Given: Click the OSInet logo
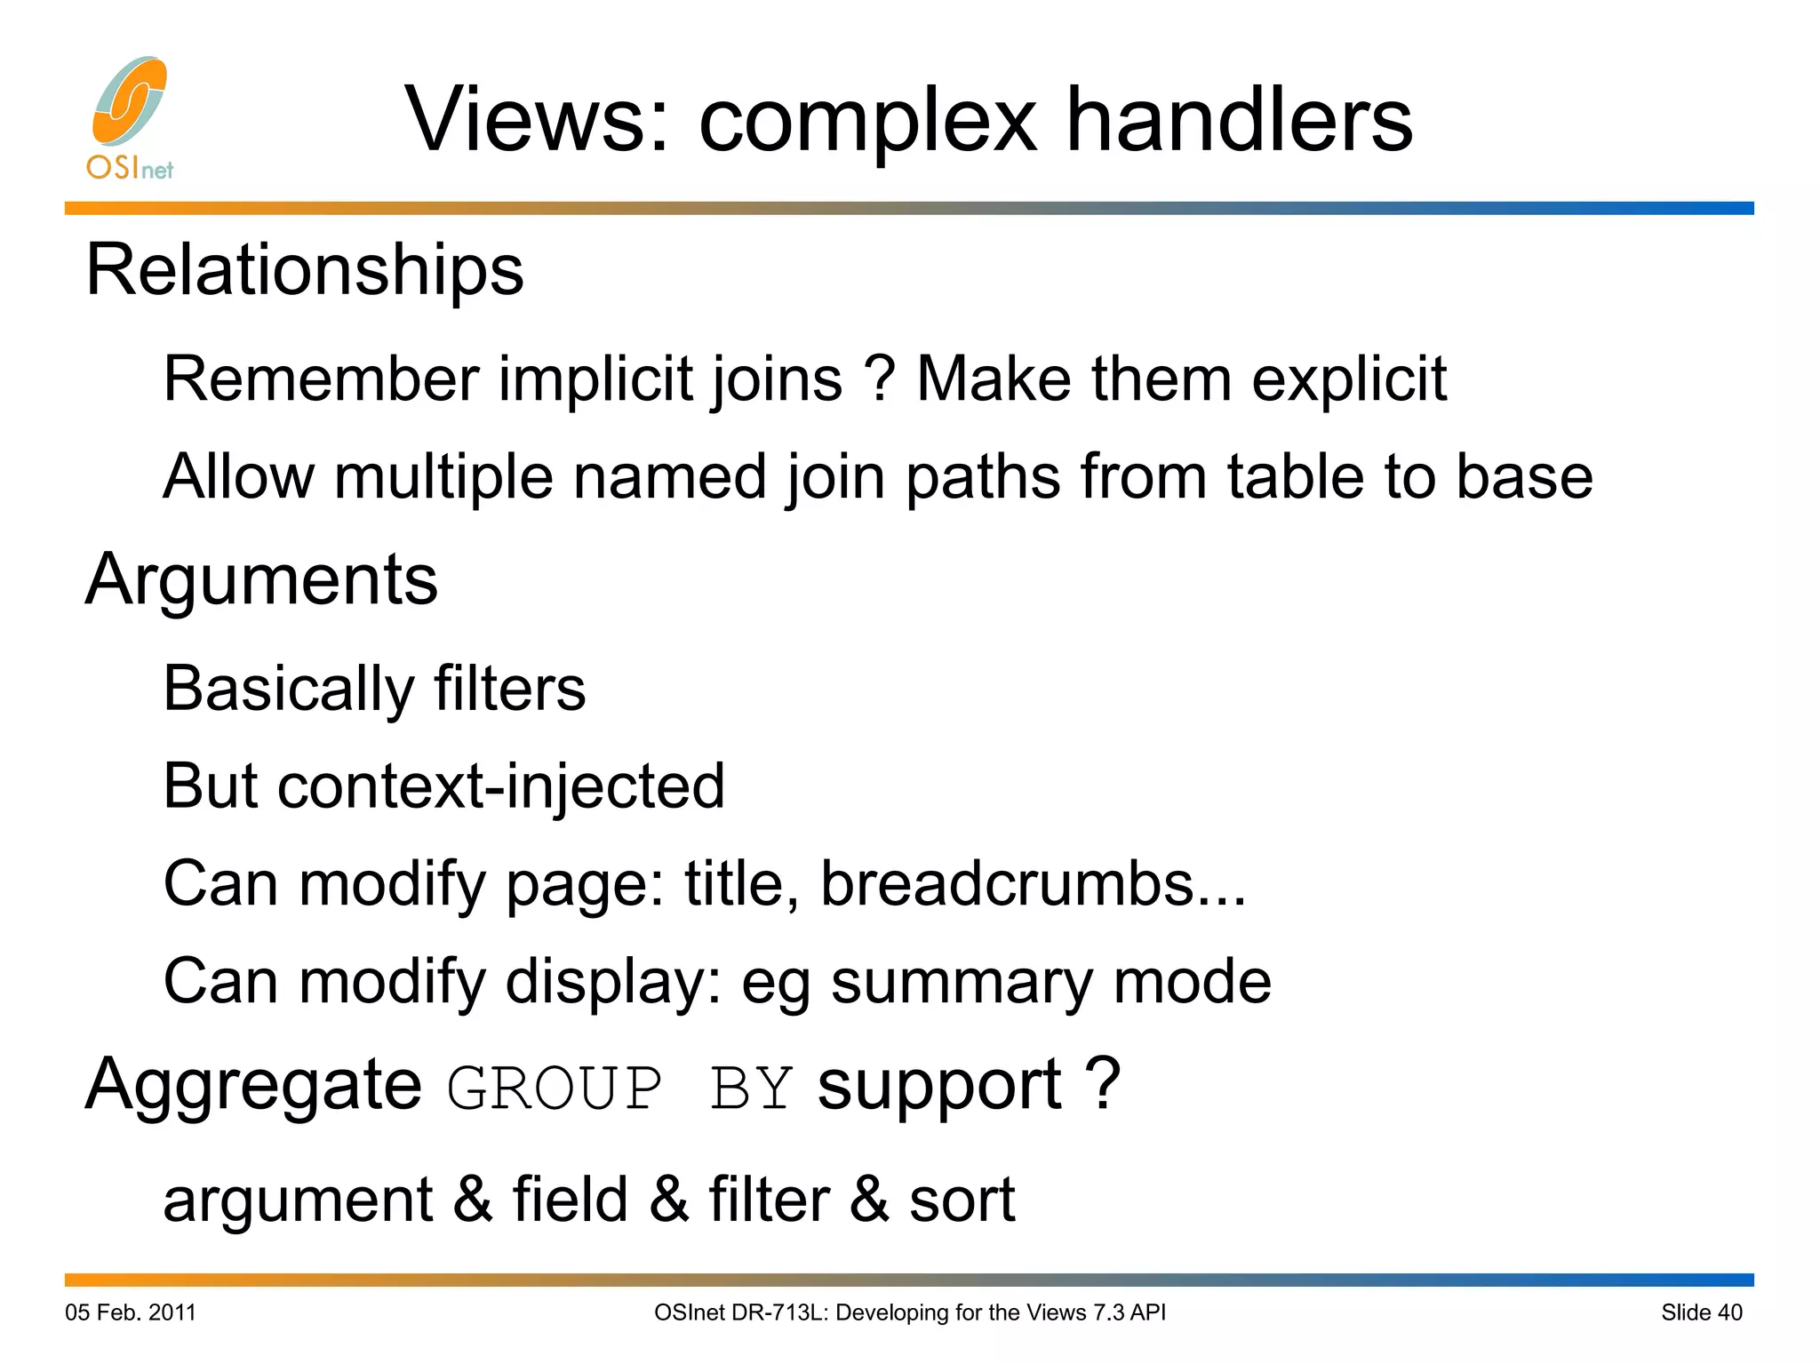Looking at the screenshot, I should click(x=130, y=117).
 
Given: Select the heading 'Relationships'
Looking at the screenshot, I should click(x=304, y=269).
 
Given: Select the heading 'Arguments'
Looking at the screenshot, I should click(x=261, y=579).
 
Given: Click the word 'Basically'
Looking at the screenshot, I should click(x=288, y=689).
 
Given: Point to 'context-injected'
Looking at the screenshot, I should click(x=501, y=786).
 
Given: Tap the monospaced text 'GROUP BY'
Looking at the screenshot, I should click(x=619, y=1087).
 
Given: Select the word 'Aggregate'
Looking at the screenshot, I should click(x=253, y=1086).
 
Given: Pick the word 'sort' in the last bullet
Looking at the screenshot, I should click(x=962, y=1200).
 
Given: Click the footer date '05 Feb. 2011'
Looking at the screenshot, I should click(x=131, y=1312).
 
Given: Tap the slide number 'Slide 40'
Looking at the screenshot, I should click(x=1701, y=1312).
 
